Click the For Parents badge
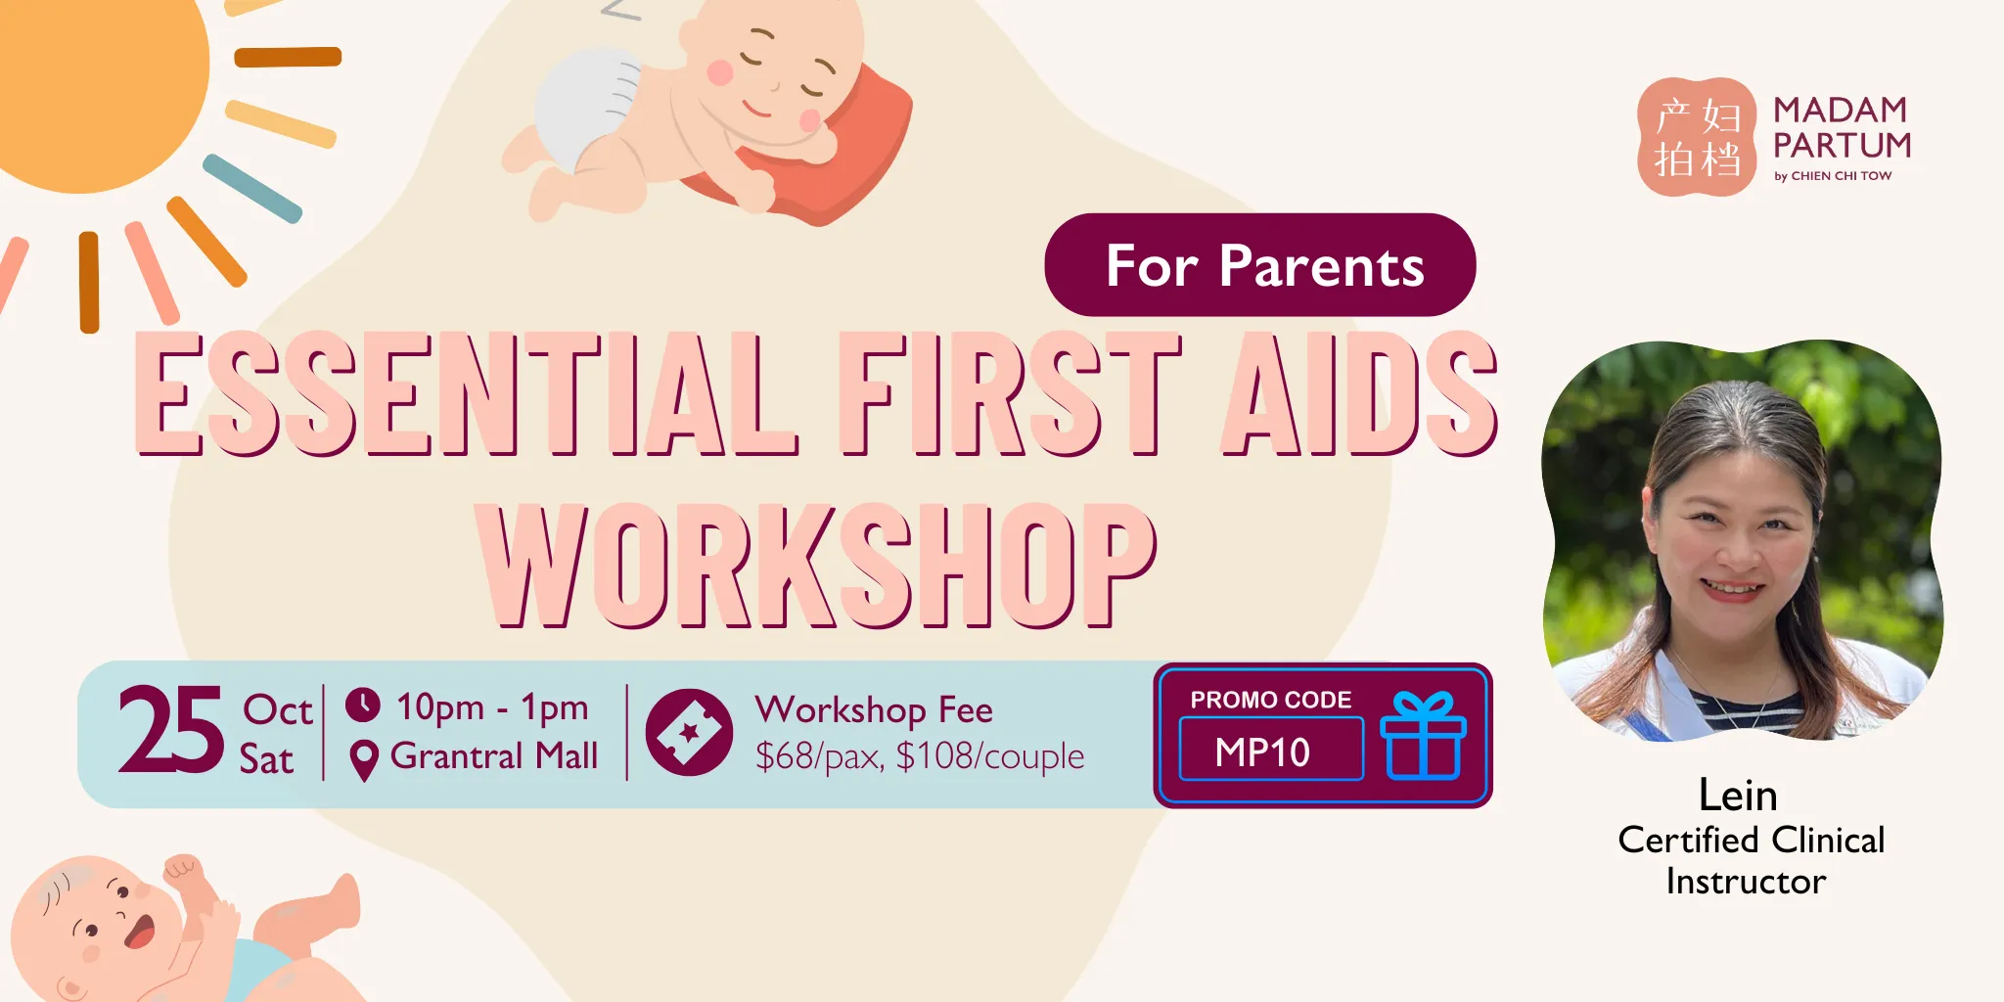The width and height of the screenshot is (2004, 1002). click(x=1260, y=264)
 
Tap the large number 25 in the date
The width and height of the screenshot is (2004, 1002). click(x=171, y=729)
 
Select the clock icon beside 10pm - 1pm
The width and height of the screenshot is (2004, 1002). click(x=363, y=705)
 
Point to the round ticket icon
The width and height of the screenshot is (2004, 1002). click(x=689, y=732)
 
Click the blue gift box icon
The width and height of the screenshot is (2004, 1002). click(x=1423, y=735)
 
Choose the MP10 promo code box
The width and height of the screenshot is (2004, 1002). click(x=1271, y=750)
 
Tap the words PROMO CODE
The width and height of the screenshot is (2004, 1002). click(x=1270, y=700)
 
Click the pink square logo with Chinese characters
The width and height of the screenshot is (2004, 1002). click(x=1697, y=137)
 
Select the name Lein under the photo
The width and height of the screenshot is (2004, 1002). click(x=1738, y=795)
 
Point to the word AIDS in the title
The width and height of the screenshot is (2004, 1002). click(x=1360, y=393)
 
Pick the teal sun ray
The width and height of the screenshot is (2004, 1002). click(x=252, y=188)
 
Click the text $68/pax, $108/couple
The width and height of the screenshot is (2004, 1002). click(x=919, y=756)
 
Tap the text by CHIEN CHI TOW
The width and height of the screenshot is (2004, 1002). click(x=1833, y=176)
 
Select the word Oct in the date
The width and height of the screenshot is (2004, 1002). click(x=278, y=709)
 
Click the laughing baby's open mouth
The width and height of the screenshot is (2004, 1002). click(x=139, y=931)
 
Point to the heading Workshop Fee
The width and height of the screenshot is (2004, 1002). click(x=874, y=710)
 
